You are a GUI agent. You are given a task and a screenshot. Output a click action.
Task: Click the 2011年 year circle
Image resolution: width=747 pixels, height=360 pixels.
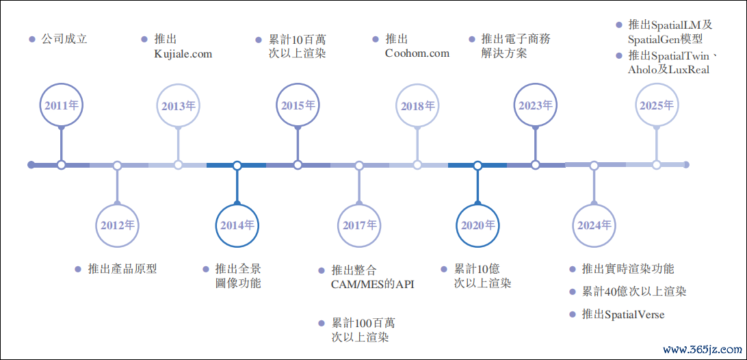(62, 105)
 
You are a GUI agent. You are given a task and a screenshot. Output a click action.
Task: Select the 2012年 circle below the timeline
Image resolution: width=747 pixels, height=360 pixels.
(118, 224)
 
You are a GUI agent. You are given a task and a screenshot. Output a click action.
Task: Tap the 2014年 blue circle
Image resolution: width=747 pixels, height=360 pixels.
(237, 224)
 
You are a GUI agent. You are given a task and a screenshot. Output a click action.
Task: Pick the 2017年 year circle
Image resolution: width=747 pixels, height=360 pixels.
(359, 224)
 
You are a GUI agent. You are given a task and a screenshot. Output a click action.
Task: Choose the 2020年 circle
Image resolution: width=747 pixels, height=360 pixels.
(477, 224)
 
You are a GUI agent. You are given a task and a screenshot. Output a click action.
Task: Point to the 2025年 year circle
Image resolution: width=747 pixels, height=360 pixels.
(656, 105)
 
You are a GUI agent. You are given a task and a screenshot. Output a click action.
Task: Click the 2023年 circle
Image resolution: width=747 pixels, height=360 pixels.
(536, 105)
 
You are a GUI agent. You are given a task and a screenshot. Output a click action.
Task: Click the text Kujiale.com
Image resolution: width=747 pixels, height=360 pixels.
(183, 54)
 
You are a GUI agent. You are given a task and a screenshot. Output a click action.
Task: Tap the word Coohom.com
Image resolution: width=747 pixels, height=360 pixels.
(417, 53)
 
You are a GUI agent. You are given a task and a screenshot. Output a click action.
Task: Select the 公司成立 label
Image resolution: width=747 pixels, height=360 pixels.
(64, 39)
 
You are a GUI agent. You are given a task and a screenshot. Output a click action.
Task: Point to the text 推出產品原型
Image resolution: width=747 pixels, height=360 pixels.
(122, 269)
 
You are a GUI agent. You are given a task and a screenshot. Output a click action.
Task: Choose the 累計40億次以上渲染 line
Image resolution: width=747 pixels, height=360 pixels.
(633, 292)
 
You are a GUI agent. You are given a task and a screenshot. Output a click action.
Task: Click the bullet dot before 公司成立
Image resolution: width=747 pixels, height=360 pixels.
(31, 39)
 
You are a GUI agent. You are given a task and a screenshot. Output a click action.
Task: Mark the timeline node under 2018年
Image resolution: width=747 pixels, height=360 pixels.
(417, 165)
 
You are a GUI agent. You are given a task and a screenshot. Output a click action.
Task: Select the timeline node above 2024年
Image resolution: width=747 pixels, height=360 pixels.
(594, 165)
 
